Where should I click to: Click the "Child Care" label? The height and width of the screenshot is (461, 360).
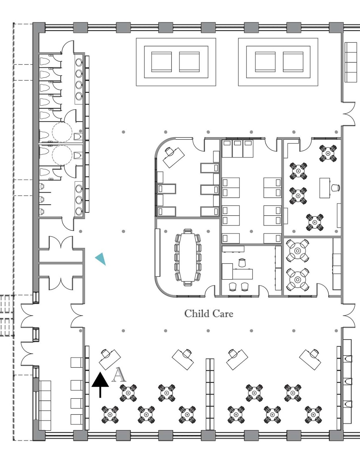209,313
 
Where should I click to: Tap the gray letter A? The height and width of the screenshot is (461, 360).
119,375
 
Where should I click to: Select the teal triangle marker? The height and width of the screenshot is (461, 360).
101,259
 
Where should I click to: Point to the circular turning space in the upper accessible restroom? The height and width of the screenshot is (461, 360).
62,132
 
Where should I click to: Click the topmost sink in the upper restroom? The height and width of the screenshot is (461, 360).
79,62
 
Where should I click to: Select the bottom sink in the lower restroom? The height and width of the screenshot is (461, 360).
79,211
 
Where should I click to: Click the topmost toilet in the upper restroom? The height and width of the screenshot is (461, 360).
45,61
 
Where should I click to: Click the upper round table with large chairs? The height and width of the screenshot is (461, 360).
297,250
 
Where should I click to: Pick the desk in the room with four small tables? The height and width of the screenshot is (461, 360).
325,188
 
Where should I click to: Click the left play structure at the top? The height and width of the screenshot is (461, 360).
176,62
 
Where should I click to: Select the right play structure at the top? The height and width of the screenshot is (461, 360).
278,62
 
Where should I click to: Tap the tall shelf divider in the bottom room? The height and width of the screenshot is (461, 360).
210,393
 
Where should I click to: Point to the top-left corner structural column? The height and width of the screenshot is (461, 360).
39,28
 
